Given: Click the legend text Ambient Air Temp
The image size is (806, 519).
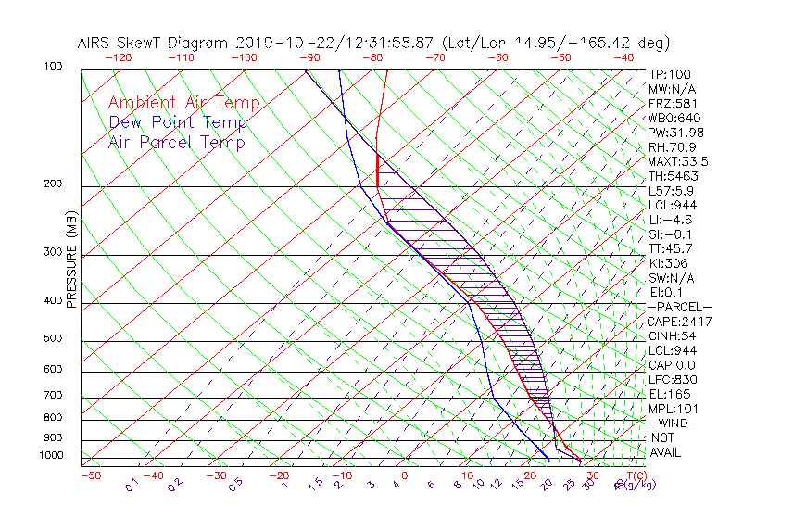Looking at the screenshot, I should [x=183, y=103].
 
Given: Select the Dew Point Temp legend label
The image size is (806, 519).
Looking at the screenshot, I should [x=178, y=122].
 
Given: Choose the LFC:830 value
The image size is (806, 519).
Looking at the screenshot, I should [x=673, y=379].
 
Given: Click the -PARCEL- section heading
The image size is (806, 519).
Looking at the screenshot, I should [x=679, y=307].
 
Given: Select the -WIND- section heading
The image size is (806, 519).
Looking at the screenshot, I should [x=673, y=423].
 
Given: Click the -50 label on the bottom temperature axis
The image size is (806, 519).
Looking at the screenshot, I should [x=90, y=476].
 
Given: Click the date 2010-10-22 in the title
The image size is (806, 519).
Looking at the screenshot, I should [x=278, y=43].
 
